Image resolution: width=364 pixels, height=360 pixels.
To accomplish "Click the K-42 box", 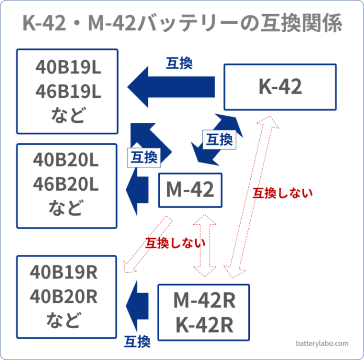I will (x=280, y=87).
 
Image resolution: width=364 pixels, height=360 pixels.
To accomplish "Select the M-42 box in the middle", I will (x=190, y=190).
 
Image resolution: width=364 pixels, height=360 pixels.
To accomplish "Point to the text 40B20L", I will (x=66, y=161).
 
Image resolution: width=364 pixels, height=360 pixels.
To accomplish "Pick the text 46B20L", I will (x=66, y=185).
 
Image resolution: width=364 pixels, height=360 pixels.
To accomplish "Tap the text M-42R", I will (x=204, y=300).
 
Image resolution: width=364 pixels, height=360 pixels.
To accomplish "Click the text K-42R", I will (x=204, y=325).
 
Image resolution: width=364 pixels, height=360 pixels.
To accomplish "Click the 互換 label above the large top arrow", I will (x=179, y=64).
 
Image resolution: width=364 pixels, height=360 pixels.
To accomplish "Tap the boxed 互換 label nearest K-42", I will (x=219, y=139).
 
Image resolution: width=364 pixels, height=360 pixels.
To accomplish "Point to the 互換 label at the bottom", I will (x=137, y=341).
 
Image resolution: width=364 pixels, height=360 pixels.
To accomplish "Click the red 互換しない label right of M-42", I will (x=282, y=193).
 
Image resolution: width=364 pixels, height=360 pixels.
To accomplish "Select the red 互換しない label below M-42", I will (x=175, y=243).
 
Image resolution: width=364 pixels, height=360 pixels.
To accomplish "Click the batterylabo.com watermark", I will (x=322, y=343).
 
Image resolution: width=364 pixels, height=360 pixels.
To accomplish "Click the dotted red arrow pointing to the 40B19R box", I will (x=147, y=244).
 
